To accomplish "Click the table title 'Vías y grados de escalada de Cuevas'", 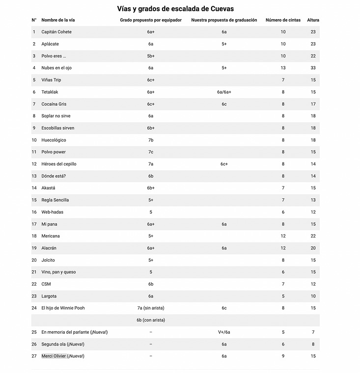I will click(x=175, y=9).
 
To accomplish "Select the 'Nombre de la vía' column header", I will click(x=58, y=20).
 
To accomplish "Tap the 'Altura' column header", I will click(x=313, y=20).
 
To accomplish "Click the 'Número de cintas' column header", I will click(x=283, y=20).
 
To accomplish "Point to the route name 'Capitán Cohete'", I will click(x=56, y=32).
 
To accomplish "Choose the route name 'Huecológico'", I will click(x=55, y=140).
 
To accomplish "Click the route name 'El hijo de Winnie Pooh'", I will click(x=63, y=308).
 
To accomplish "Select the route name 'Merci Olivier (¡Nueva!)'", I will click(x=63, y=356).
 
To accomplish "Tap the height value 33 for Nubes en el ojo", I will click(x=313, y=68).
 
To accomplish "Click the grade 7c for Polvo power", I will click(x=151, y=152).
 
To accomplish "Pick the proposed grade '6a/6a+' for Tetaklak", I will click(x=224, y=92).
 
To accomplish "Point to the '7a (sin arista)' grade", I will click(x=151, y=308).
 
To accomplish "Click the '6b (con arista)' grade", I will click(x=151, y=320).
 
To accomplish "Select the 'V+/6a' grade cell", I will click(x=224, y=332).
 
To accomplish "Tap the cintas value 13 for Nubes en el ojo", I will click(x=283, y=68).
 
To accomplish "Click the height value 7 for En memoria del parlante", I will click(x=313, y=332).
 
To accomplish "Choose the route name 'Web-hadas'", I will click(x=52, y=212).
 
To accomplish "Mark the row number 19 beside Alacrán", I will click(x=34, y=248).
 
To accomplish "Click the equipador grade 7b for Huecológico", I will click(x=151, y=140).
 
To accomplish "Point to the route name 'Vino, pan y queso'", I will click(x=59, y=272).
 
